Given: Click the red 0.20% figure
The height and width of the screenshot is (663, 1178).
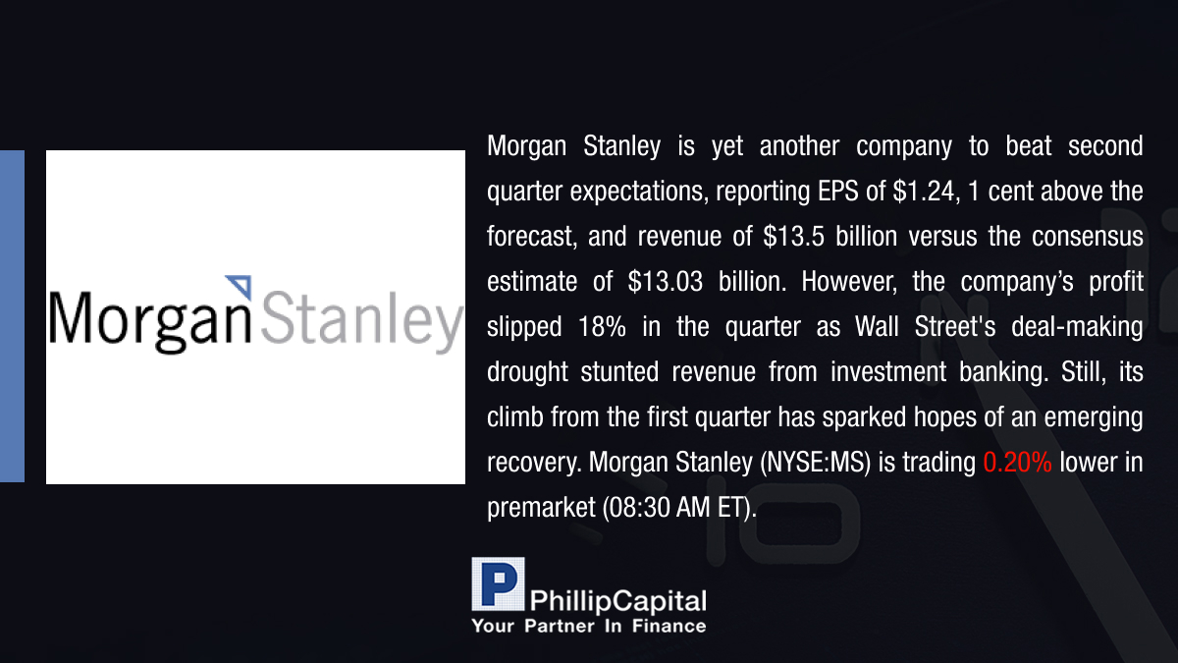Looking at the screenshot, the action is [1017, 463].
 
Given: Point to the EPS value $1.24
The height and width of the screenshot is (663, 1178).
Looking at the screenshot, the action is [924, 192].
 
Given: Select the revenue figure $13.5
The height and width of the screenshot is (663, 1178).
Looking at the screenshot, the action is [793, 237].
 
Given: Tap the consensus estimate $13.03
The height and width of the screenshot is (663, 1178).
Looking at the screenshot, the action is [666, 282].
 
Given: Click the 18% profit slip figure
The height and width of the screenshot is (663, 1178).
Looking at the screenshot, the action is [602, 327].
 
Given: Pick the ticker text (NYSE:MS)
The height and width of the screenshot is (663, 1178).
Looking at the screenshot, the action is [816, 463].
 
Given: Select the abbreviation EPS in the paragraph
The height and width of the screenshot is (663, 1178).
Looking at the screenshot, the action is [838, 191].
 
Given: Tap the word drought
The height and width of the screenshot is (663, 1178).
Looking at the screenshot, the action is [527, 372].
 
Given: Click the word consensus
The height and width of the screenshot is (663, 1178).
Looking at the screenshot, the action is [1088, 237].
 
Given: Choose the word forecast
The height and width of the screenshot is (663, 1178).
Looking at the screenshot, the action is [529, 237].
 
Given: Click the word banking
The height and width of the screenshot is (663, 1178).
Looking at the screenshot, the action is [1000, 372].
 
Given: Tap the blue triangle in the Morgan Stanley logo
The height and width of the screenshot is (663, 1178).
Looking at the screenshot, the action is [241, 286].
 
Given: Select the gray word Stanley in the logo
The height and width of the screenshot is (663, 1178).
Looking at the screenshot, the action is [362, 320].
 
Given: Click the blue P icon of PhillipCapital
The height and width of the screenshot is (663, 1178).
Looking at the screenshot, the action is [498, 583].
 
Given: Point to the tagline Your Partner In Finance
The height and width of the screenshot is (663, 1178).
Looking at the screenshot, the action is [589, 627].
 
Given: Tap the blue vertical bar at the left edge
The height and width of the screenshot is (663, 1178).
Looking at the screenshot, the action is [12, 316].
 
